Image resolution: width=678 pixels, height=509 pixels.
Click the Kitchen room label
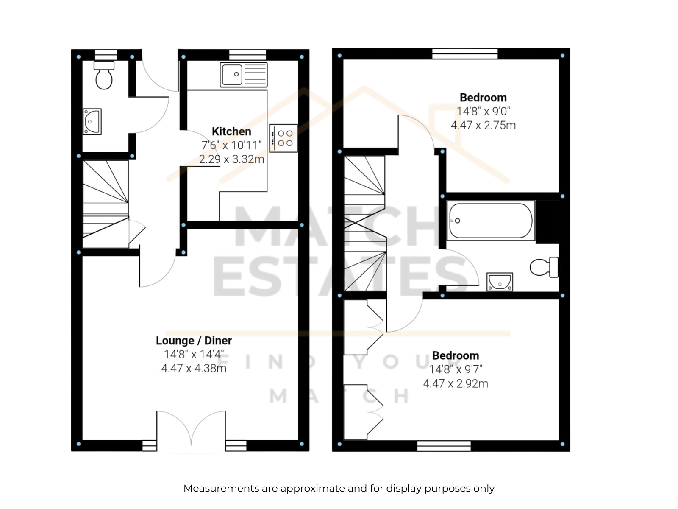point(231,131)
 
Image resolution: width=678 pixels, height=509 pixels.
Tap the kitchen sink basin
point(232,74)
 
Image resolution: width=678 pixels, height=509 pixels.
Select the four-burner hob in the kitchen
point(283,138)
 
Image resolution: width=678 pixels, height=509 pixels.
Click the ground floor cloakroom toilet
point(104,75)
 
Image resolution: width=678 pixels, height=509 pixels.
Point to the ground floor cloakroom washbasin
point(92,121)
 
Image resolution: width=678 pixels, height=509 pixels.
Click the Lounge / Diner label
point(194,341)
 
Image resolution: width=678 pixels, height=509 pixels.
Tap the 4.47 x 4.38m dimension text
point(194,368)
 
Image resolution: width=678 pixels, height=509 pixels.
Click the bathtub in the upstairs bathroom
point(491,221)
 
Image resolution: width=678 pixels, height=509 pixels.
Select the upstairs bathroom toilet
point(544,267)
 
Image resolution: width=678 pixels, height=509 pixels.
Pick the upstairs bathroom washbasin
point(500,282)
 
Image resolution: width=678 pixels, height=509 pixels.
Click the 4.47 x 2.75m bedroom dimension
point(483,125)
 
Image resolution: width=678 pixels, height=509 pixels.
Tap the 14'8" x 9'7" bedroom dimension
point(456,369)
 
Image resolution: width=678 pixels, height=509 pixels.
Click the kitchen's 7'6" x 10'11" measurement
point(231,145)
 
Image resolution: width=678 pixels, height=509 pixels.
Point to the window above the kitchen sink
point(247,55)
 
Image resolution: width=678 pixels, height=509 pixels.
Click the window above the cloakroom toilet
point(106,55)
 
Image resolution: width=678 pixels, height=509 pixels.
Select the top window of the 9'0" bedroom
point(465,53)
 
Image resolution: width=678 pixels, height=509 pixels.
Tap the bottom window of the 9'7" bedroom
point(444,446)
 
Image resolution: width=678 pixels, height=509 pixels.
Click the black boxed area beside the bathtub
point(547,222)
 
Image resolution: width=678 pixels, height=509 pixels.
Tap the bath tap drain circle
point(458,221)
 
